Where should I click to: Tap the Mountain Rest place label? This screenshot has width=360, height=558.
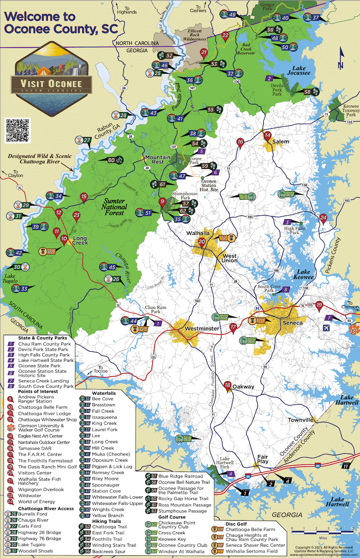(157, 160)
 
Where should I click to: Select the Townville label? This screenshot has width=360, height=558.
(300, 420)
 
